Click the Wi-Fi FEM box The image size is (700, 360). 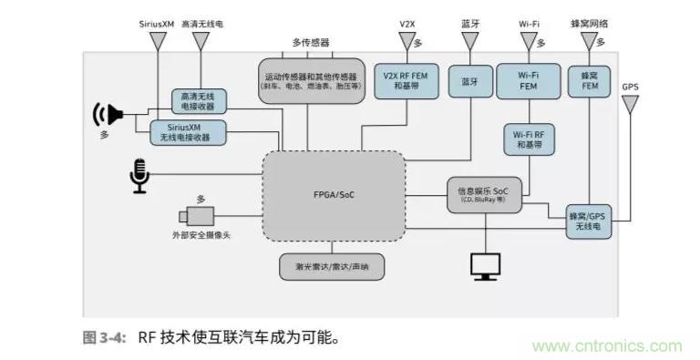tap(528, 81)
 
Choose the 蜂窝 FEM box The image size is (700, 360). tap(589, 81)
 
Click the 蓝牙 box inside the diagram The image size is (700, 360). tap(469, 81)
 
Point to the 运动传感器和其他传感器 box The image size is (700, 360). tap(310, 81)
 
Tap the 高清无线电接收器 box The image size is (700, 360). tap(199, 100)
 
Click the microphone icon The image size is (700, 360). tap(139, 175)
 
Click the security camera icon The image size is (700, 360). tap(197, 216)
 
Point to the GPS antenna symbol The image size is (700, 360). tap(630, 106)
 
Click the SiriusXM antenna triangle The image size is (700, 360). tap(158, 42)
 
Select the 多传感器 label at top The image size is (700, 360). tap(310, 42)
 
